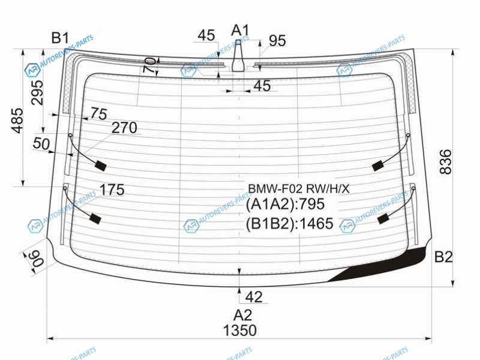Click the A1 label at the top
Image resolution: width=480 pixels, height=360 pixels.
point(241,31)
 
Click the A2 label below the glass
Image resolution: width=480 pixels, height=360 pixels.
point(243,315)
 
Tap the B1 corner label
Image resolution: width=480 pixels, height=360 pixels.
point(61,38)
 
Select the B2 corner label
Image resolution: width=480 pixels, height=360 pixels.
point(443,257)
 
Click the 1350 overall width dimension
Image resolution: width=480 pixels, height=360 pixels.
point(239,331)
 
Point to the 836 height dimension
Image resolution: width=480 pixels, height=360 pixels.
point(445,162)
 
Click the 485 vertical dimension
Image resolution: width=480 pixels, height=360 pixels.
point(17,121)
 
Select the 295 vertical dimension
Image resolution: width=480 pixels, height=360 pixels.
point(38,92)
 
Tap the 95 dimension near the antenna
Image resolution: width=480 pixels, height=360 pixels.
point(277,41)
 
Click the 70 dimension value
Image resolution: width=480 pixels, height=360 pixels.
point(149,65)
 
